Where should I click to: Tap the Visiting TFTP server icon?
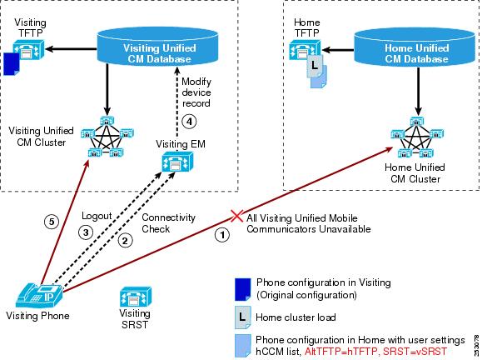(28, 49)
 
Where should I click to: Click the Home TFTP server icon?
(305, 49)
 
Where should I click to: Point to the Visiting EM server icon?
(177, 161)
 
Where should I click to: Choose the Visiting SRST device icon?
(135, 297)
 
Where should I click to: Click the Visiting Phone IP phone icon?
(39, 295)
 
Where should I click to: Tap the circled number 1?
(222, 235)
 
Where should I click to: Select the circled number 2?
(125, 240)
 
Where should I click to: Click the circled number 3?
(86, 232)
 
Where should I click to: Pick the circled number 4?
(189, 121)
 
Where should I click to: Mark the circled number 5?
(52, 222)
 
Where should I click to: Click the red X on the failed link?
(236, 215)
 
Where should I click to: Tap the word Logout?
(97, 216)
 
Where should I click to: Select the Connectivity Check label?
(168, 223)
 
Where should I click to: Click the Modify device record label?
(196, 92)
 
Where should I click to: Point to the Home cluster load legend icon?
(243, 317)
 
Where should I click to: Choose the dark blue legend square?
(243, 289)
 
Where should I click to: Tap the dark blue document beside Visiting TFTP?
(12, 63)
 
